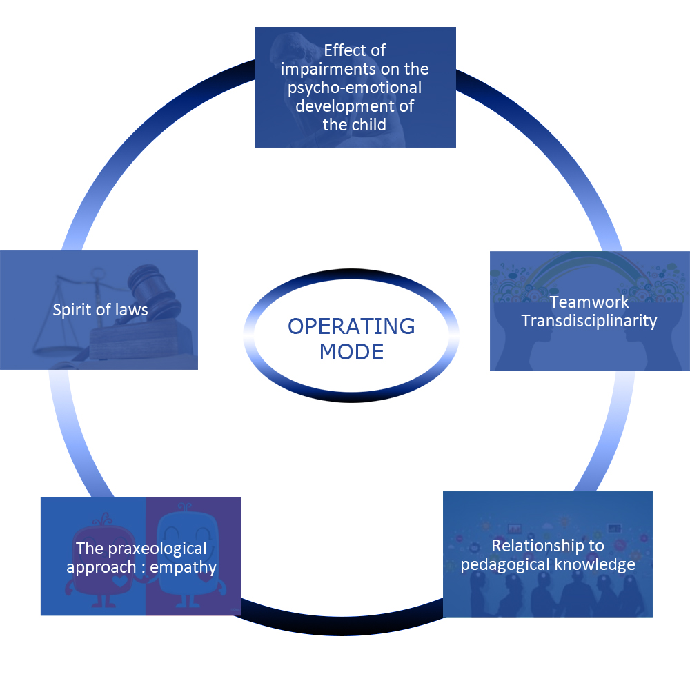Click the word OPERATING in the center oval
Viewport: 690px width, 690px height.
(x=351, y=326)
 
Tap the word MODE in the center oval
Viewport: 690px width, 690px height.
(x=351, y=352)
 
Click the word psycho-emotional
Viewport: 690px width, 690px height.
(x=355, y=88)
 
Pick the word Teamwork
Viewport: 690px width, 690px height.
(x=589, y=302)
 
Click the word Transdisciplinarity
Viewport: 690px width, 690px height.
(x=589, y=322)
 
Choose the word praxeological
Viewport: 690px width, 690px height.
(x=157, y=549)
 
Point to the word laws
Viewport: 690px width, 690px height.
(x=130, y=310)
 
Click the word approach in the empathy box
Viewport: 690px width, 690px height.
(x=101, y=568)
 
